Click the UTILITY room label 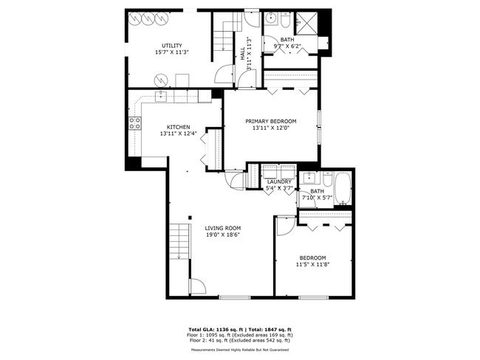(x=171, y=46)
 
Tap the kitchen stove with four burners (x=135, y=124)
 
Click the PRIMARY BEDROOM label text (x=271, y=121)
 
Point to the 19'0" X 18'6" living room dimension (x=223, y=235)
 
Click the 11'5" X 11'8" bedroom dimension (x=312, y=264)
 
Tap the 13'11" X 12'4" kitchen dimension (x=178, y=134)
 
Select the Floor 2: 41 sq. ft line (x=240, y=340)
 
